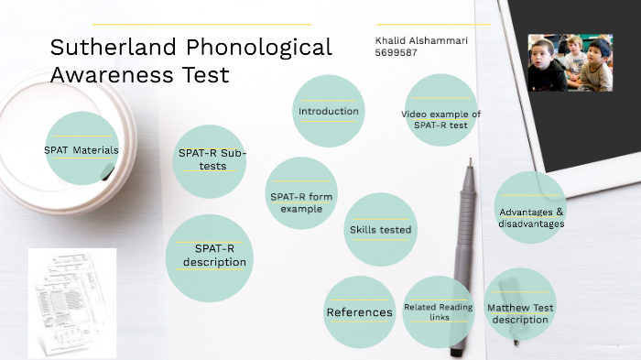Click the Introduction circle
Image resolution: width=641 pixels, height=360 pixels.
(x=329, y=112)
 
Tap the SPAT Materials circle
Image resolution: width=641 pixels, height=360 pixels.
(x=81, y=149)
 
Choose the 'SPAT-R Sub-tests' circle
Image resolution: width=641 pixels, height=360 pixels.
(x=212, y=159)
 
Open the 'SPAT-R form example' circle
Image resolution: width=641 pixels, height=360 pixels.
(x=300, y=202)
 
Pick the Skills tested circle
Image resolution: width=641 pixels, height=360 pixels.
(x=380, y=229)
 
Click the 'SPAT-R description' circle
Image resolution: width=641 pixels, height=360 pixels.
(x=210, y=257)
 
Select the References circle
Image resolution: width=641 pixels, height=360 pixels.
(x=359, y=312)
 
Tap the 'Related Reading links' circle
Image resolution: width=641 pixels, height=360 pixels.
(x=438, y=311)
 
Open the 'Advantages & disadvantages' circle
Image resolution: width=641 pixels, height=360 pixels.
(x=531, y=217)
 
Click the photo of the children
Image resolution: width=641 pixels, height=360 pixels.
(x=570, y=63)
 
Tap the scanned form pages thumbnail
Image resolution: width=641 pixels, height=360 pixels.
(x=71, y=302)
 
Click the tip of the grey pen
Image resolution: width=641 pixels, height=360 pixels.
(x=471, y=163)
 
